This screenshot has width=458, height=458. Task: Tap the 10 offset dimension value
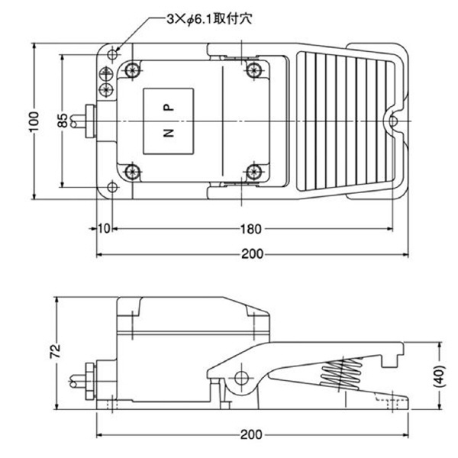105,228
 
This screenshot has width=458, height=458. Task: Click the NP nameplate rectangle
169,121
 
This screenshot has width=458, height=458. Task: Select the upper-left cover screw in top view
134,70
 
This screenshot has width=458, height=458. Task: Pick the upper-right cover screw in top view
253,70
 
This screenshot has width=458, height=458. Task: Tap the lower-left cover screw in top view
134,169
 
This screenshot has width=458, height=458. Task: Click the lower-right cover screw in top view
253,169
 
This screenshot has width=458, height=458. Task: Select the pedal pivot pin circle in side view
241,377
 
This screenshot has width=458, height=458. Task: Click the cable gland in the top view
84,121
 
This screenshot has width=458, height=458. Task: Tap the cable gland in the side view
84,379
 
